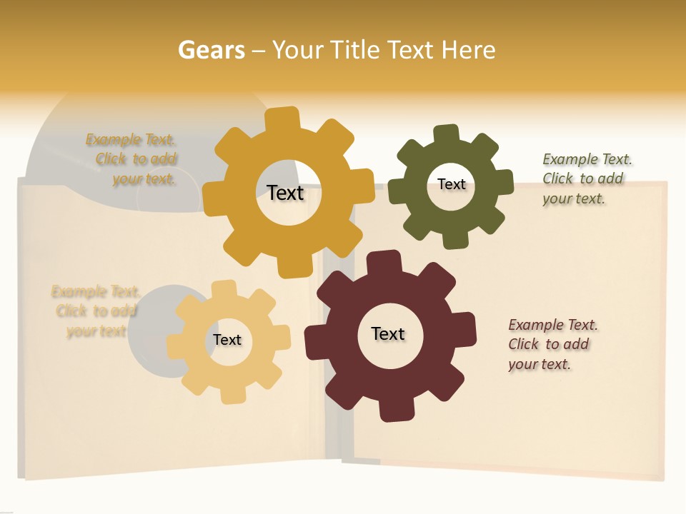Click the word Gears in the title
point(211,50)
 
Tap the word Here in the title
point(468,50)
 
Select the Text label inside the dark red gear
point(388,333)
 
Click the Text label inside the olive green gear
point(452,184)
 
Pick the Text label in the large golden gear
point(285,193)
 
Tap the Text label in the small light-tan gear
point(227,340)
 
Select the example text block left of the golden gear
point(134,159)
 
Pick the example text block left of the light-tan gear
point(96,311)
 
